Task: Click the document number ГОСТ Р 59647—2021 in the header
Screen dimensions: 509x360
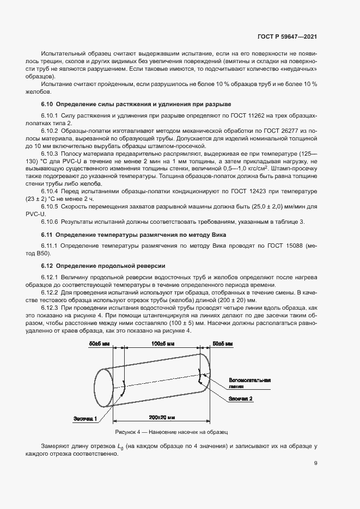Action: coord(287,36)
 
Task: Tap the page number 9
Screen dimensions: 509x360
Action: coord(316,463)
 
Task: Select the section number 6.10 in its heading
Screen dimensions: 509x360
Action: coord(47,104)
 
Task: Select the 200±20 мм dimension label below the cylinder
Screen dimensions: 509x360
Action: coord(162,416)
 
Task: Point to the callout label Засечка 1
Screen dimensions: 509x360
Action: coord(85,419)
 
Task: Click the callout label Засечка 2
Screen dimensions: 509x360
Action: coord(241,399)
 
